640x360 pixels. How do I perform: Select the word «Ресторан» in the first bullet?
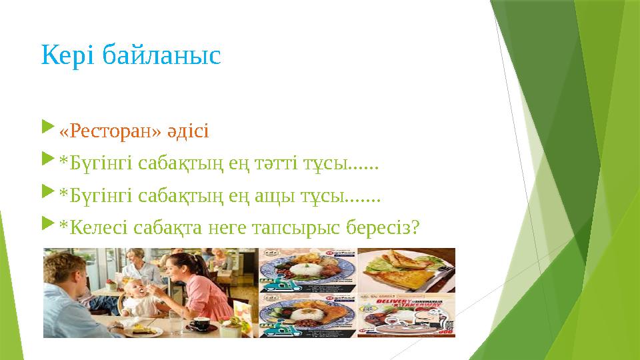110,131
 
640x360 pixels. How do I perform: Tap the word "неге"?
225,229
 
